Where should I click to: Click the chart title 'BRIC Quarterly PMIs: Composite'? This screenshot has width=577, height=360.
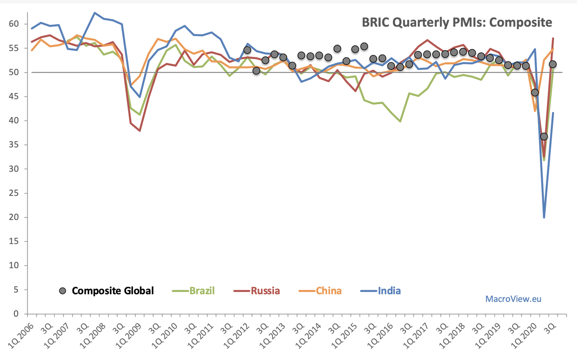(457, 22)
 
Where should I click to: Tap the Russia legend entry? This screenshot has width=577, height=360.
(265, 291)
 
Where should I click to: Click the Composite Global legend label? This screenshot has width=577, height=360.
(113, 291)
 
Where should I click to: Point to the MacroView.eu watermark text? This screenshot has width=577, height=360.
(513, 299)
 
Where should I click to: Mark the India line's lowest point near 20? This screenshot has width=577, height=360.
(544, 217)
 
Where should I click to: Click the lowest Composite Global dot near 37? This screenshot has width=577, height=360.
(544, 136)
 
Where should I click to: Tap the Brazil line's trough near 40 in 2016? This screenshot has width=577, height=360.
(400, 121)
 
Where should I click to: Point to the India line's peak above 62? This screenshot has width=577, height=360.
(94, 13)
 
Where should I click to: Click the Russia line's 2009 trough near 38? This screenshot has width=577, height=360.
(140, 131)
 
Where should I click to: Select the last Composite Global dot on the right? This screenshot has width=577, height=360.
(553, 64)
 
